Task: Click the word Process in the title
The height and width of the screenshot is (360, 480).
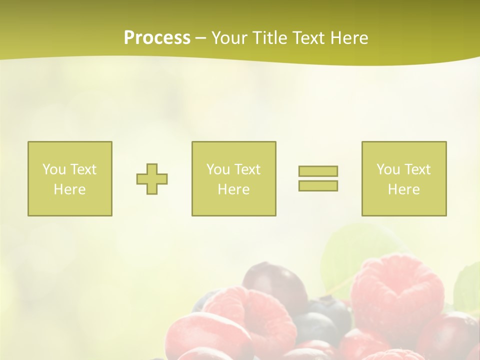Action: pos(157,38)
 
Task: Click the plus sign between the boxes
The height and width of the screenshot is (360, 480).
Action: pos(152,179)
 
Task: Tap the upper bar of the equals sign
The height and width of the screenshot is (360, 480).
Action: pos(318,171)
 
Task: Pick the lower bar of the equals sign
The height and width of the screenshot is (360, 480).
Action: pos(318,186)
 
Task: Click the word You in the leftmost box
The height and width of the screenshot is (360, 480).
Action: pos(53,169)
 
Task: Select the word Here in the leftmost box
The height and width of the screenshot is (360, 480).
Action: pos(69,189)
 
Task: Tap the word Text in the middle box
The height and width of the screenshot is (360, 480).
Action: pos(247,169)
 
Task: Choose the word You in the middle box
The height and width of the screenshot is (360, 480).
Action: pos(217,169)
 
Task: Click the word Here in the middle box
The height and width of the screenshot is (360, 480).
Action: pos(233,189)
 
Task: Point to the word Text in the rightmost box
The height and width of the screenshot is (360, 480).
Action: pos(417,169)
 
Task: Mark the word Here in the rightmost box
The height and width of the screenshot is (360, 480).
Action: pos(403,189)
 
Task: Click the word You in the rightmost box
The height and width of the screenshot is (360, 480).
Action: pos(387,169)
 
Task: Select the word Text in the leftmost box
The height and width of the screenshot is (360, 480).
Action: pos(83,169)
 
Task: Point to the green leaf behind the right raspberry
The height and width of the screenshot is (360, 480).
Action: pos(350,250)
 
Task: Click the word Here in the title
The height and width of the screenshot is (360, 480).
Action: pos(349,38)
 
